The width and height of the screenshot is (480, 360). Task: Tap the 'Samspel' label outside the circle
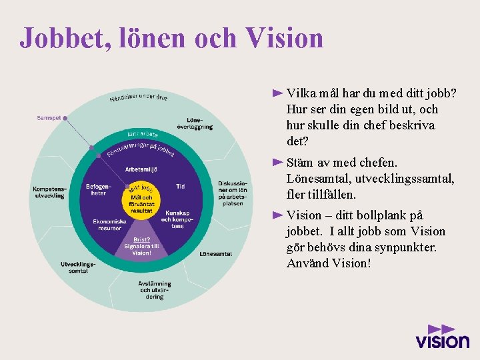(x=49, y=118)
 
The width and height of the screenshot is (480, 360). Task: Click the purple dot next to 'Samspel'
(x=65, y=118)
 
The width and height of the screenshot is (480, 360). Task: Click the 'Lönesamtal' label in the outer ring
(x=215, y=253)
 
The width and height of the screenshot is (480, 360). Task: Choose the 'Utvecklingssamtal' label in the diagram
(x=78, y=267)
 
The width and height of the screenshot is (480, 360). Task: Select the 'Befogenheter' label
(x=97, y=189)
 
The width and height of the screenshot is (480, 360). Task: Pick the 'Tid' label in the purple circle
(x=181, y=187)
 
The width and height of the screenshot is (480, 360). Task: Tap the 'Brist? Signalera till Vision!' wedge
(x=141, y=246)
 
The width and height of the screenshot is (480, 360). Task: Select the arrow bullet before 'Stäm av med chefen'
(x=278, y=162)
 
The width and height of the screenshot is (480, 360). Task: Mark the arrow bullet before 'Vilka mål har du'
(x=278, y=93)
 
